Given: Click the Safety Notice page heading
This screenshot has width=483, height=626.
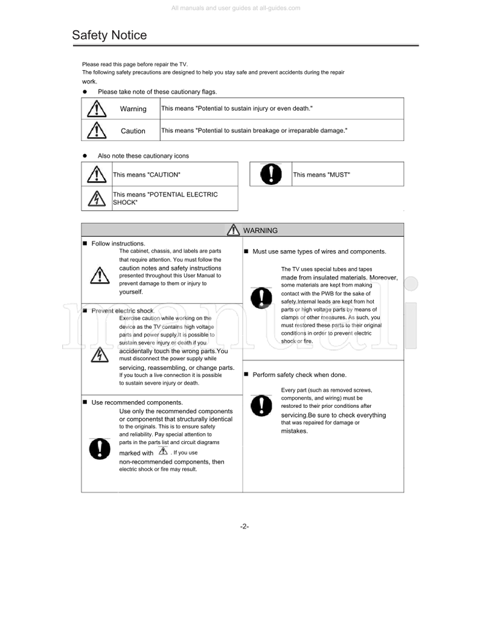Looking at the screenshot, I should (109, 36).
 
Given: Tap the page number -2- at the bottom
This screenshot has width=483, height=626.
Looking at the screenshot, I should (245, 526).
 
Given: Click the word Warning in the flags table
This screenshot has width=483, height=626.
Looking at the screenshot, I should (133, 109).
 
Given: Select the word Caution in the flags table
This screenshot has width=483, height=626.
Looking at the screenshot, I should (133, 131).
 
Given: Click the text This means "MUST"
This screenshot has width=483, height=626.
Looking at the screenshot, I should (321, 175).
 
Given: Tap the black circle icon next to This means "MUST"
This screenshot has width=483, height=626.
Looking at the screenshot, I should (271, 174).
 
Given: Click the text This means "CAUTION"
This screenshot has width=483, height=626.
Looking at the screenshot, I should (147, 175).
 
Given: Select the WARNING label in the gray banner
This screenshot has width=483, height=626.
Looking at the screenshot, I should (260, 230).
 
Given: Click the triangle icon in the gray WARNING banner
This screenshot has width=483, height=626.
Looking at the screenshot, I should (233, 230).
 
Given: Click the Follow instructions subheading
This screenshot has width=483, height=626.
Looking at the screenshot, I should (118, 244).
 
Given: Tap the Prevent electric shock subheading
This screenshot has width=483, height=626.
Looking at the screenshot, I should (123, 311).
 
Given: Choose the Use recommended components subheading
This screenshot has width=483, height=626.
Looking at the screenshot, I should (136, 402).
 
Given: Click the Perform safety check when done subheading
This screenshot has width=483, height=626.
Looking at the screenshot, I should (299, 375).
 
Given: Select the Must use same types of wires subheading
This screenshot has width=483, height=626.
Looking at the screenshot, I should (319, 251).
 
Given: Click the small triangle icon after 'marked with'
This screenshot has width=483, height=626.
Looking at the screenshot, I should (162, 451).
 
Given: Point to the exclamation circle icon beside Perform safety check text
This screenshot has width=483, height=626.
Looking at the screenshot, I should (261, 404).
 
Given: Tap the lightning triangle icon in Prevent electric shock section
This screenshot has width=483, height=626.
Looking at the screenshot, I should (96, 356).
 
